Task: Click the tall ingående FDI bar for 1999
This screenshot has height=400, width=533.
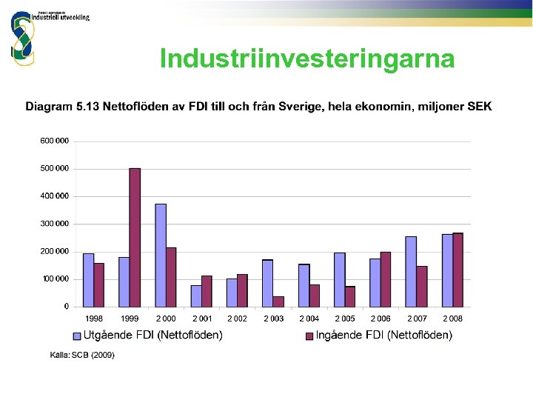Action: [135, 237]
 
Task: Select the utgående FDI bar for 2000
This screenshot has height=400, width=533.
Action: [161, 255]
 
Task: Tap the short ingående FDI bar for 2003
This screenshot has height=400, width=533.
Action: [278, 301]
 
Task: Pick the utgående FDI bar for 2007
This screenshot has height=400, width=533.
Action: [411, 271]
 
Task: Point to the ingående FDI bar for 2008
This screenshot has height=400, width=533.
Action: [457, 270]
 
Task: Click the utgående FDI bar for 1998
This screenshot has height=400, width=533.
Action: [89, 280]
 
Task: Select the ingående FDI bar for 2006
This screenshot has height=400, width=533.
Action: [385, 279]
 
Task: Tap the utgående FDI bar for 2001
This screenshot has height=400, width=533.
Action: [196, 296]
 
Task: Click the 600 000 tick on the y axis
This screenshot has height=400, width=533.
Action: [54, 141]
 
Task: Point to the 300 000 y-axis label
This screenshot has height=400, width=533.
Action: [54, 224]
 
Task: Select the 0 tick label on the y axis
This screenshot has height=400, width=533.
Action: [67, 306]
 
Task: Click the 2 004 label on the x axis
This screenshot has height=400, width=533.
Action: [309, 319]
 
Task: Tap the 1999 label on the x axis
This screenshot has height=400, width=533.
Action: [130, 319]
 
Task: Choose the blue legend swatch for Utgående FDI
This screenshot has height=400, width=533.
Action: [76, 336]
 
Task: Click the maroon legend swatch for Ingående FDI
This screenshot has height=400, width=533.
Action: [309, 336]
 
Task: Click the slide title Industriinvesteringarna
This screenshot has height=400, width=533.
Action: [307, 59]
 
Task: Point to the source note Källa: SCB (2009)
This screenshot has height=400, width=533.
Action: [82, 355]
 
